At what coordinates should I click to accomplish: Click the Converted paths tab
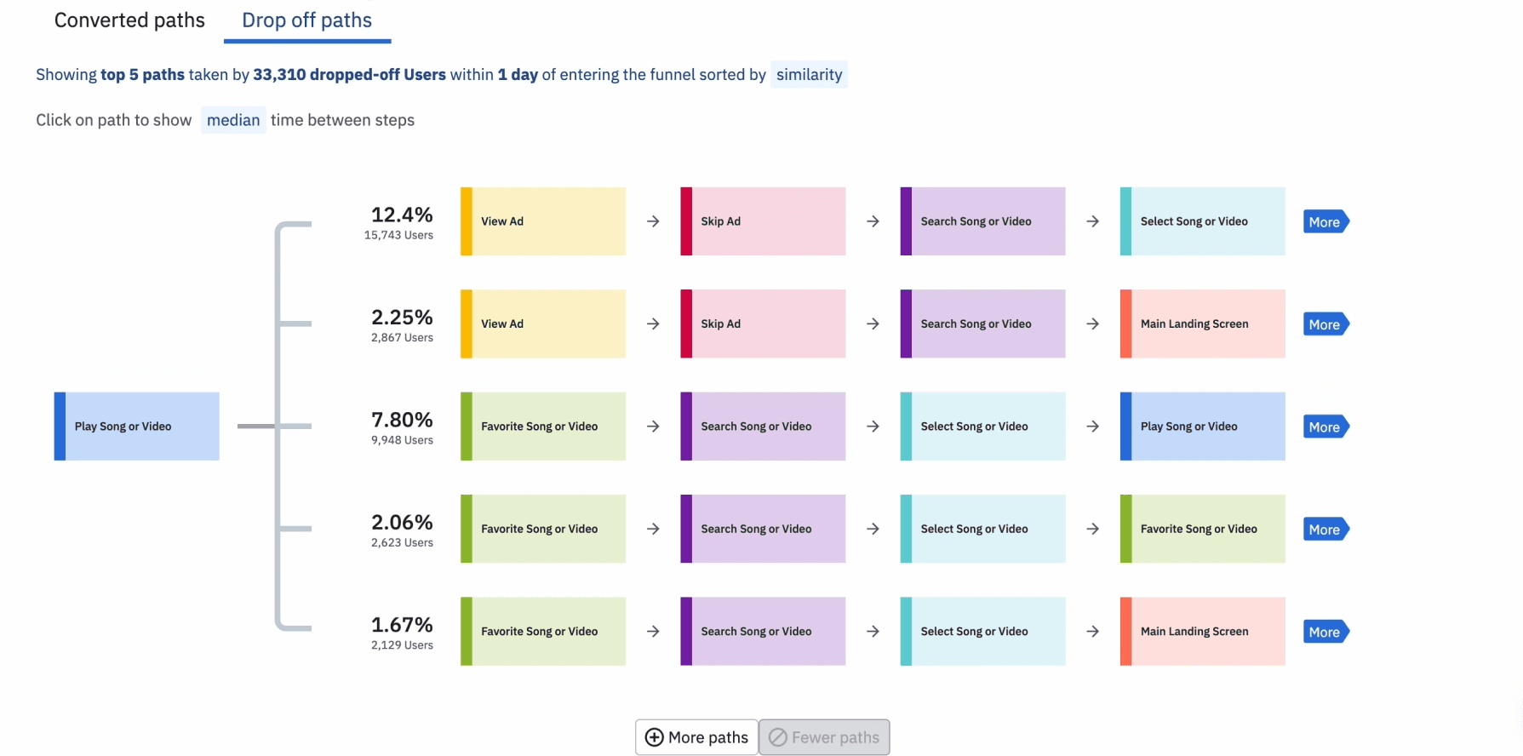(x=129, y=20)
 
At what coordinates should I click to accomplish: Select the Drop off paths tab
(x=306, y=20)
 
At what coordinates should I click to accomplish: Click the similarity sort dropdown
(x=809, y=75)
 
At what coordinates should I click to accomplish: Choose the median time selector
(x=233, y=120)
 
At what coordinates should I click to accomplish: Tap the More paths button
(x=696, y=737)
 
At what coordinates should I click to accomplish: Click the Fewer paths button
(x=824, y=737)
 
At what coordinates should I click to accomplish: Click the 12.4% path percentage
(x=402, y=215)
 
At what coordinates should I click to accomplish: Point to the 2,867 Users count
(x=402, y=338)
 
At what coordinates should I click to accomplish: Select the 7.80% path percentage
(x=402, y=420)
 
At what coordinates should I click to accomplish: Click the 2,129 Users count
(x=402, y=645)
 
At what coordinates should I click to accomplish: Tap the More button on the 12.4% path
(x=1325, y=222)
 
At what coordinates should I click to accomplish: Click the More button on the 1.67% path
(x=1325, y=632)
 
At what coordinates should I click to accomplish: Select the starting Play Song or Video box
(x=136, y=427)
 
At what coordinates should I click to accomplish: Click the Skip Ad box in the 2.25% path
(x=763, y=324)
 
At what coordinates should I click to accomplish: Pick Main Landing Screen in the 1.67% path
(x=1202, y=632)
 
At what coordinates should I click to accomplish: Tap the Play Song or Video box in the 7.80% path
(x=1202, y=427)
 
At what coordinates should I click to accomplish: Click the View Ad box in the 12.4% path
(x=543, y=221)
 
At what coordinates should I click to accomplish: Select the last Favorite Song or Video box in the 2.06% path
(x=1202, y=529)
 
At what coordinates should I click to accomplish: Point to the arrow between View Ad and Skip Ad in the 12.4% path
(x=653, y=221)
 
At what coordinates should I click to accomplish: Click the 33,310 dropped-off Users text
(x=349, y=75)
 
